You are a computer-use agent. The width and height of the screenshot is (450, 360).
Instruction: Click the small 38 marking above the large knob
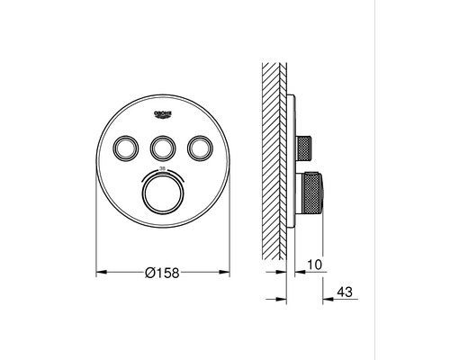pos(162,168)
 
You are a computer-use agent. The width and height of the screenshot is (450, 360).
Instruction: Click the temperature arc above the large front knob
pos(162,174)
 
